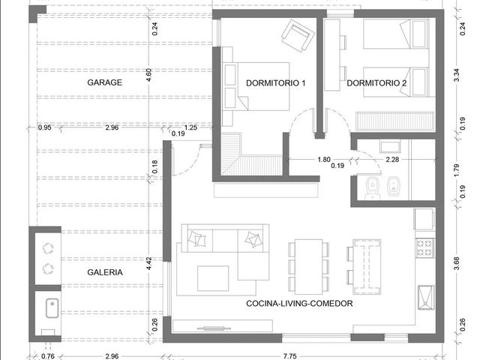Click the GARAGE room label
tap(105, 82)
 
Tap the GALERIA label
tap(105, 272)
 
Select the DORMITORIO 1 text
tap(276, 83)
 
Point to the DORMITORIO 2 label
tap(376, 83)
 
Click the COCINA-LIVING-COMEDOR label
tap(299, 303)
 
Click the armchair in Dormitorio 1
tap(298, 36)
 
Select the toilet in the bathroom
tap(373, 187)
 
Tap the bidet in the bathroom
tap(392, 186)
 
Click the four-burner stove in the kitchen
tap(425, 248)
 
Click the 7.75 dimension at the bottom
tap(289, 356)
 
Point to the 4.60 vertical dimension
tap(148, 75)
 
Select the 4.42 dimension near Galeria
tap(148, 263)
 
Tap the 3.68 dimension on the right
tap(457, 263)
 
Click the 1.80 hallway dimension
tap(324, 160)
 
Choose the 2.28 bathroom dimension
tap(392, 160)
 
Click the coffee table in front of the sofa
tap(213, 278)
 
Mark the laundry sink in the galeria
tap(52, 308)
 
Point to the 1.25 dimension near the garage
tap(190, 127)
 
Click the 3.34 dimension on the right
tap(457, 75)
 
